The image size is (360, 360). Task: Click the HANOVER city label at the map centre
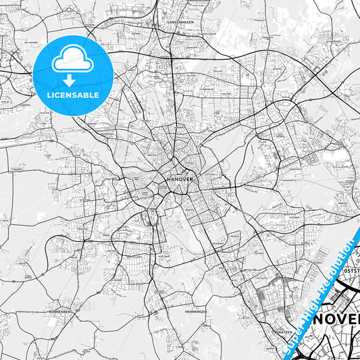(180, 180)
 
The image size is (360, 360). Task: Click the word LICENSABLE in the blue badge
(72, 95)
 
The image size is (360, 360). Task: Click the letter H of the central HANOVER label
(167, 180)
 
